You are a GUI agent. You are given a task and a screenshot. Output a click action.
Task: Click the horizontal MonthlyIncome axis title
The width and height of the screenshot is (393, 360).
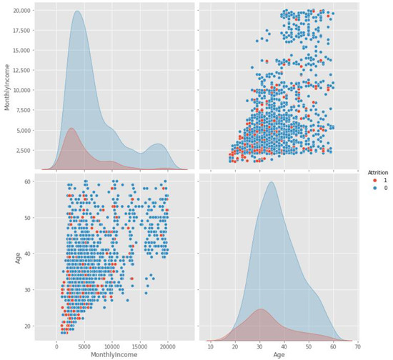pos(112,355)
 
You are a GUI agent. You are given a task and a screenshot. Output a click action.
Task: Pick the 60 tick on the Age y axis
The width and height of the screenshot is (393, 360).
pos(29,184)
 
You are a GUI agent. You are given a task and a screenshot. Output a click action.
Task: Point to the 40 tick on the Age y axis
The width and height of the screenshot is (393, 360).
pos(29,254)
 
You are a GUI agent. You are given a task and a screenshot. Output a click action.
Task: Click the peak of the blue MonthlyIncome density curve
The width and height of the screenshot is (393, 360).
pos(77,11)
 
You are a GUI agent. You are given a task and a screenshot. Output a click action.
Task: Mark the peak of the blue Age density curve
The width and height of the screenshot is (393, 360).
pos(272,182)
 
